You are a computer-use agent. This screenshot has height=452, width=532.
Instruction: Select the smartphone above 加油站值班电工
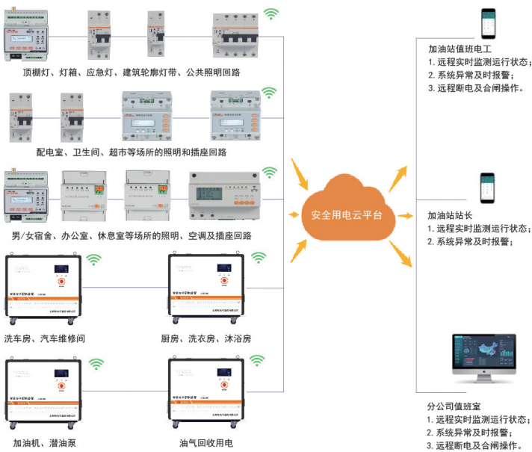(x=489, y=24)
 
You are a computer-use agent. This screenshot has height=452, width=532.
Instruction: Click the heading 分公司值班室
(x=448, y=406)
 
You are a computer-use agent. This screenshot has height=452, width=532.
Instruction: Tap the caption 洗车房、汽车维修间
(x=44, y=338)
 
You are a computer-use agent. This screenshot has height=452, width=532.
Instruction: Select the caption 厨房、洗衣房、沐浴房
(x=205, y=338)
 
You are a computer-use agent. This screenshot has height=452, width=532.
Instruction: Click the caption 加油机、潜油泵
(x=39, y=443)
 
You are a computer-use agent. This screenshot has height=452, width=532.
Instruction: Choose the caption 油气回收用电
(x=206, y=443)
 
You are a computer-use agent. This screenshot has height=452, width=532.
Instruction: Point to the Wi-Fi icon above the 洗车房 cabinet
(x=95, y=260)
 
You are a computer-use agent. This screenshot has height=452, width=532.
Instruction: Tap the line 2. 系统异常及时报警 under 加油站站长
(x=470, y=241)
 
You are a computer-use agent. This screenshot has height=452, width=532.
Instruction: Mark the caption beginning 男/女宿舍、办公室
(x=132, y=235)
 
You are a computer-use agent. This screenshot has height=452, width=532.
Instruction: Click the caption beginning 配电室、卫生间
(x=132, y=152)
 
